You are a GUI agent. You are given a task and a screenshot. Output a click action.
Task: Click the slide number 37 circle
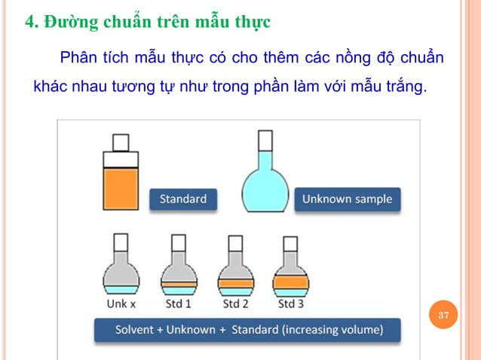point(444,315)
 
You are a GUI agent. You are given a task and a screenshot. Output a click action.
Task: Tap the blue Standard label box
point(183,200)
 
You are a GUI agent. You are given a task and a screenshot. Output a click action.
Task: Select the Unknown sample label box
point(347,200)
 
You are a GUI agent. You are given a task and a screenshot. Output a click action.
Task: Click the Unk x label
point(121,304)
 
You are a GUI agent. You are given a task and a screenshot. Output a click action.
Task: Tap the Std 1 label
point(178,304)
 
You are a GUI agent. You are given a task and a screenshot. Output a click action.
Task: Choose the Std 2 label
point(234,304)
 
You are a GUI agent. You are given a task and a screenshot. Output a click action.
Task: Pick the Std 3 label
point(291,304)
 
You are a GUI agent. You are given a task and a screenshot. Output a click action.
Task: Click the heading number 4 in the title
point(30,21)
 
